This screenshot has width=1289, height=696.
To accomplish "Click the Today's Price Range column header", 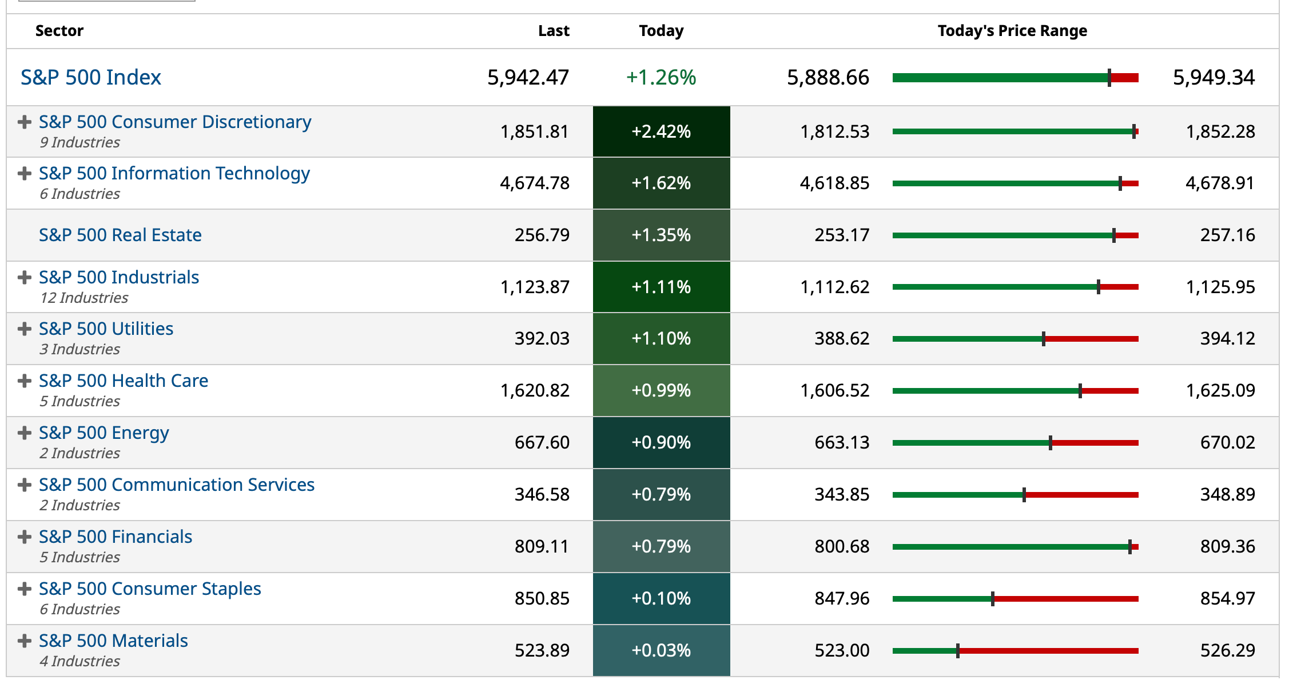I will click(x=1012, y=31).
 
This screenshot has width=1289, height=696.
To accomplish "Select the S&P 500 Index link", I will click(x=91, y=77).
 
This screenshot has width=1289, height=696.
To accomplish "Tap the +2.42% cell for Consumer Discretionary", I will click(x=661, y=131).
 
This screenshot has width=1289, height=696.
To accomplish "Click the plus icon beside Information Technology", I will click(x=24, y=173).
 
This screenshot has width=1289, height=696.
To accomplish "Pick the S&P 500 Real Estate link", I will click(x=120, y=235).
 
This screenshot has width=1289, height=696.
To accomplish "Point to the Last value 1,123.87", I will click(x=534, y=287).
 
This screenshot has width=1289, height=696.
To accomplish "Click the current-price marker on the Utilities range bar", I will click(x=1044, y=339).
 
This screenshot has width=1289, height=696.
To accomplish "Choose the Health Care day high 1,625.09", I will click(x=1220, y=390).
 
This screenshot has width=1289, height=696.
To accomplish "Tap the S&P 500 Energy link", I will click(x=104, y=433).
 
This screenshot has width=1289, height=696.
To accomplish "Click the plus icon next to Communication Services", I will click(x=24, y=485).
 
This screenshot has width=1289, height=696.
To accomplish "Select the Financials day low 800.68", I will click(x=841, y=546).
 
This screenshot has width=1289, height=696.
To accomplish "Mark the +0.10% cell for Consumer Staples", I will click(x=661, y=598).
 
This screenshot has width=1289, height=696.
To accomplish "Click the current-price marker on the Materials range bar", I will click(x=958, y=650).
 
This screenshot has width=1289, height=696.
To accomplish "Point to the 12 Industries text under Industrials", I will click(x=84, y=298).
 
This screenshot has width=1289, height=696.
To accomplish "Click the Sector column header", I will click(x=59, y=31).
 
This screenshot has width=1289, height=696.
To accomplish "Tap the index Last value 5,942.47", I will click(x=528, y=77).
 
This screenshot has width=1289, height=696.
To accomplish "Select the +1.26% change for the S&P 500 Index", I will click(x=661, y=77).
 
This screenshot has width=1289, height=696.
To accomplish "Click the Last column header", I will click(x=553, y=31).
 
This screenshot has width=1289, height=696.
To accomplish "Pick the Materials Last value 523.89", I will click(x=542, y=650).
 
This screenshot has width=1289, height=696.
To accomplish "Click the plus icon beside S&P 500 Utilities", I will click(x=24, y=329).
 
